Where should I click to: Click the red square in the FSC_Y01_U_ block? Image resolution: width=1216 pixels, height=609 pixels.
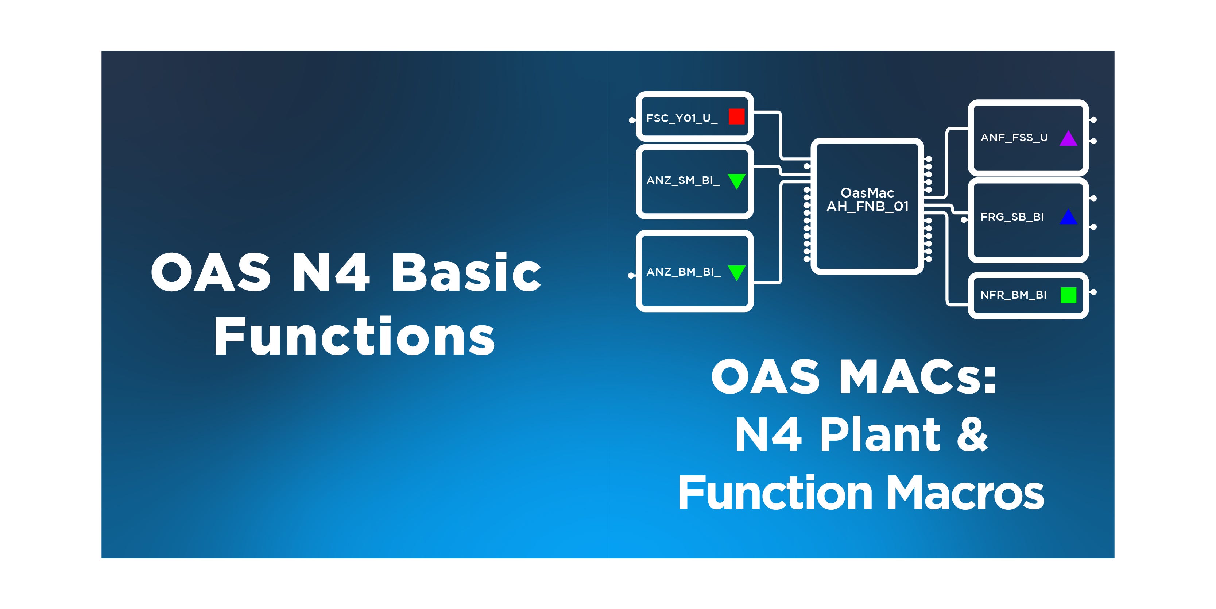pos(736,116)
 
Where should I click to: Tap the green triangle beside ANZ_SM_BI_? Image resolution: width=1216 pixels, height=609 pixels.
pos(736,180)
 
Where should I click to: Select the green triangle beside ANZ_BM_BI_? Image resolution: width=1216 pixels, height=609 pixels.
pos(736,272)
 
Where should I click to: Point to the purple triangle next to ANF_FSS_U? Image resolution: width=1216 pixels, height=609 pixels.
pos(1068,139)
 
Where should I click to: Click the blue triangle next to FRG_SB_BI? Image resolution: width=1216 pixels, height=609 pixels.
pos(1068,217)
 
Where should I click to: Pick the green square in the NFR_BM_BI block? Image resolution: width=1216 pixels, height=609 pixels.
pos(1068,295)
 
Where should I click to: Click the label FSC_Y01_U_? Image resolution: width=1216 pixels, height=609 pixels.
pos(682,119)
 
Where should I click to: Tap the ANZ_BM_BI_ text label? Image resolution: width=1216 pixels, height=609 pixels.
pos(683,272)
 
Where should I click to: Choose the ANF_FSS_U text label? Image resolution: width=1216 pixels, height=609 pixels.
pos(1014,138)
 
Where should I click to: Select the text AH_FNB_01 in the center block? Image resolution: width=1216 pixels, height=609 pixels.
pos(868,206)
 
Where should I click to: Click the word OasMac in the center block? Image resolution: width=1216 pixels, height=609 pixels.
pos(868,193)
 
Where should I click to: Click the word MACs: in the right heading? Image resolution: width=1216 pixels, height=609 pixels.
pos(918,376)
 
